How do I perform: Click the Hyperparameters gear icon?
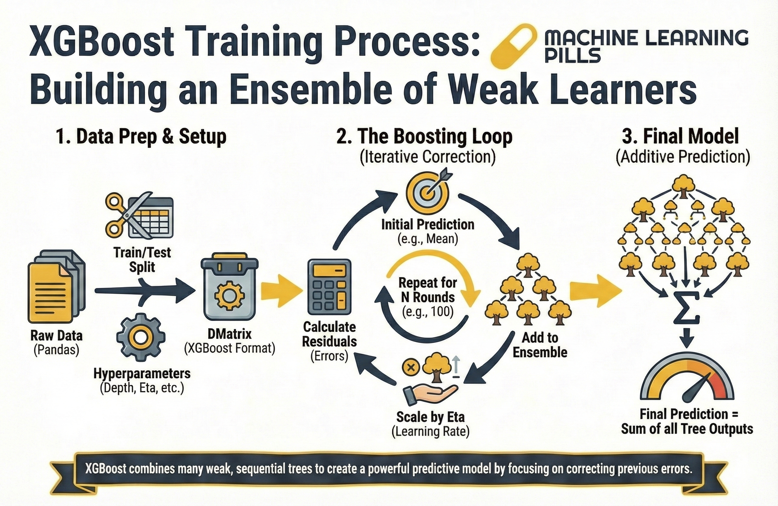click(141, 337)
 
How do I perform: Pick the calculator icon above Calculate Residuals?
click(329, 289)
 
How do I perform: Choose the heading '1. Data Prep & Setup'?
click(141, 137)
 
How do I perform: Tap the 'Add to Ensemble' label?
click(540, 345)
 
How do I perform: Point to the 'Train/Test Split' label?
click(142, 260)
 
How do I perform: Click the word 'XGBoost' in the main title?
click(102, 44)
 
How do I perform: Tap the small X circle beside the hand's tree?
click(411, 367)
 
